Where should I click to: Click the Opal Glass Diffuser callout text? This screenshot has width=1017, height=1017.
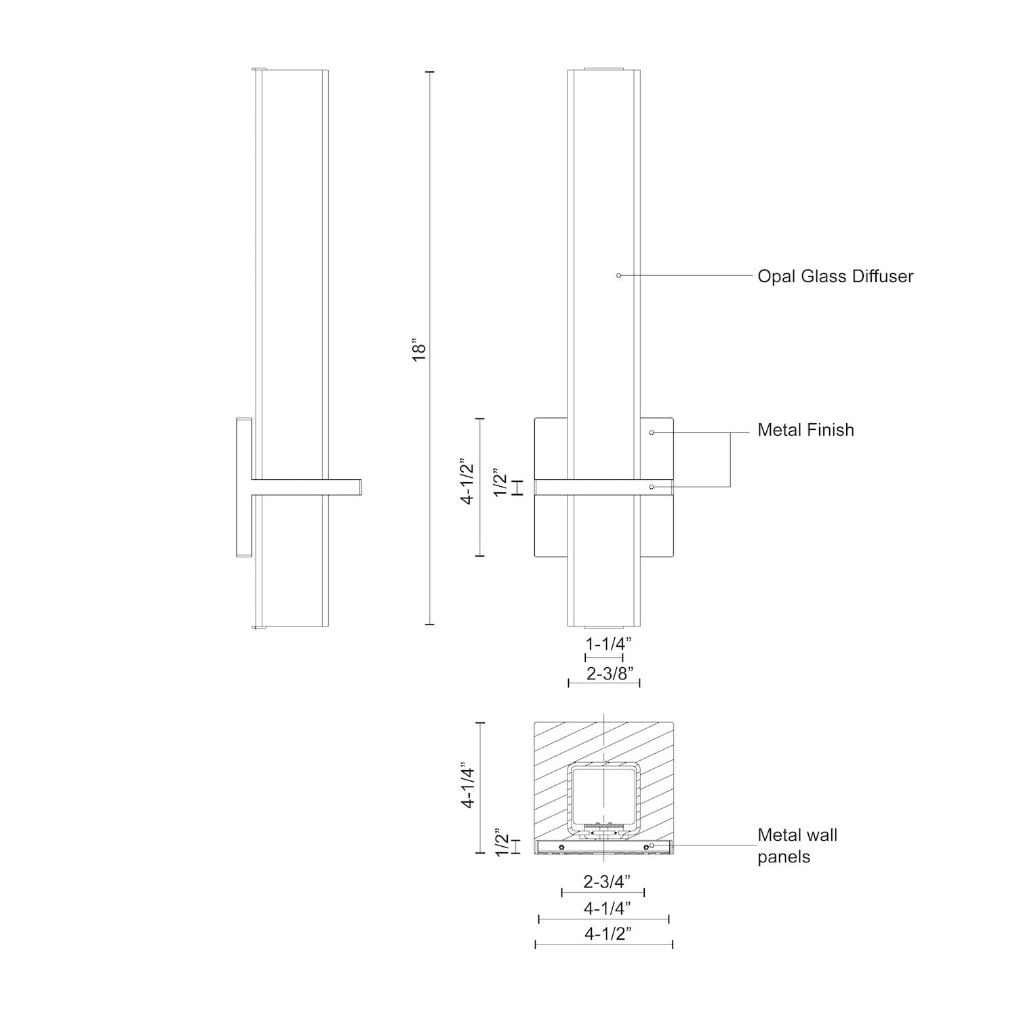pyautogui.click(x=835, y=277)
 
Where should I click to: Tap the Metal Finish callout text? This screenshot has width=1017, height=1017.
pyautogui.click(x=805, y=430)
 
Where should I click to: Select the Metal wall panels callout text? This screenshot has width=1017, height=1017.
pyautogui.click(x=797, y=845)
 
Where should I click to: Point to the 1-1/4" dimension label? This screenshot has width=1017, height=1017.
pyautogui.click(x=604, y=644)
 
